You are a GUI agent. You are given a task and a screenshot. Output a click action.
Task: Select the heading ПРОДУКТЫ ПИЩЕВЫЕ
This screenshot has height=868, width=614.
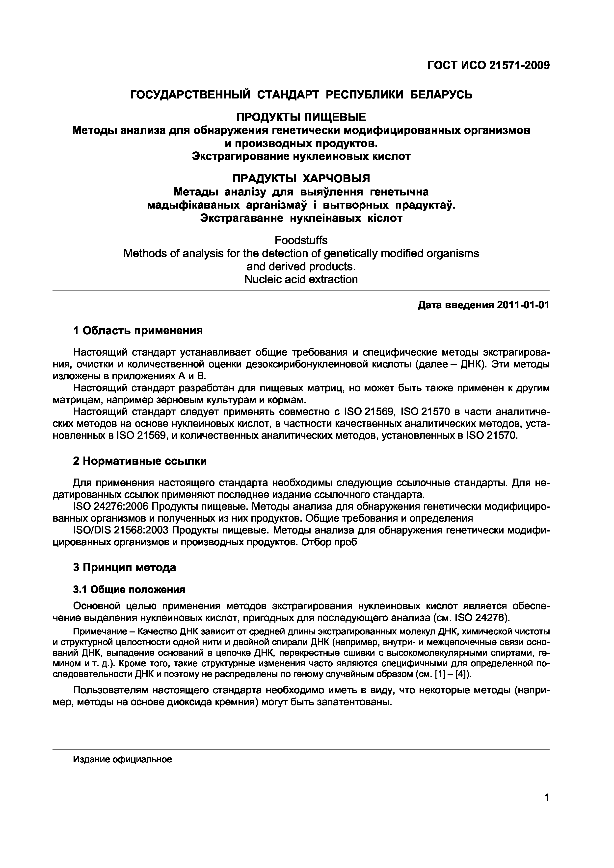(x=301, y=117)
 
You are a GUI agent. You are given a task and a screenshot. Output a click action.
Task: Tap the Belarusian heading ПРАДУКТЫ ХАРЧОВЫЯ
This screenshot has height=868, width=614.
(x=301, y=178)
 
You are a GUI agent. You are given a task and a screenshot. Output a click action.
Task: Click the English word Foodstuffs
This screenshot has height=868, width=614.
(x=301, y=241)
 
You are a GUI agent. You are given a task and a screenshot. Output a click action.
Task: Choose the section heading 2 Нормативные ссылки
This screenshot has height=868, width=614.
(x=140, y=461)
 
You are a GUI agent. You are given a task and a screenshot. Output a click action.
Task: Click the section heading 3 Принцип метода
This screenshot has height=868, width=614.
(x=125, y=567)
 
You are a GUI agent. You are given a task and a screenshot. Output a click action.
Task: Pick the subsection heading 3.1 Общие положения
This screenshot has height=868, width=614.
(x=129, y=589)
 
